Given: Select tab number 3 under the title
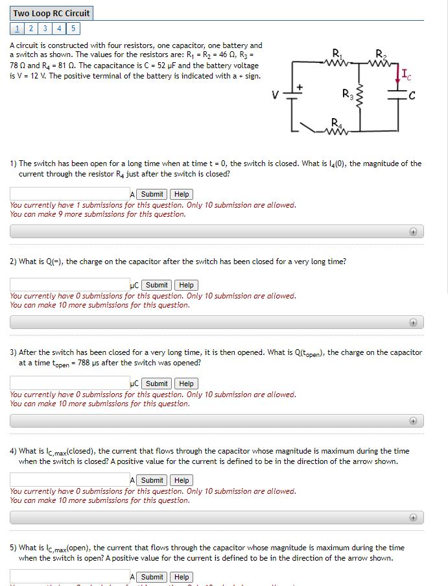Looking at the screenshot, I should click(45, 28).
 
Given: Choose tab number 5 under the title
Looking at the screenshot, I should click(73, 28).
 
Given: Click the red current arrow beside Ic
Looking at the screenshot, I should click(397, 76).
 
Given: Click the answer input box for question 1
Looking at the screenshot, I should click(69, 194).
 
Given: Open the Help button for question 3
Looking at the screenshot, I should click(187, 384).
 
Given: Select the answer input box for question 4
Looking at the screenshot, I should click(69, 480).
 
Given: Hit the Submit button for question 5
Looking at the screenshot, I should click(152, 577).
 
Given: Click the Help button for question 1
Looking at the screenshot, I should click(182, 194).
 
